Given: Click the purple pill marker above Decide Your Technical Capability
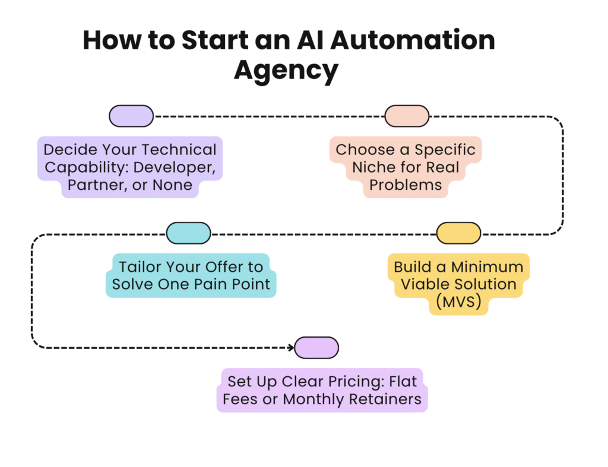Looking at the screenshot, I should point(131,116).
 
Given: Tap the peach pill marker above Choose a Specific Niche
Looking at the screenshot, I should point(407,116).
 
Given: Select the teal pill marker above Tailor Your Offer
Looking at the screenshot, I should point(188,233).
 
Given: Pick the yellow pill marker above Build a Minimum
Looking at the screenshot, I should point(458,233).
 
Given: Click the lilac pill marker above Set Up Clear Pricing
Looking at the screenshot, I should point(316,348).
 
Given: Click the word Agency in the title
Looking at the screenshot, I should point(286,70).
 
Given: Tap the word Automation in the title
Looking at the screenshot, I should point(412,40).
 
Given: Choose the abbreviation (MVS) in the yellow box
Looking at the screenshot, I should point(458,301).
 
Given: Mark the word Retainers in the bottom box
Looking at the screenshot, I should point(387,399).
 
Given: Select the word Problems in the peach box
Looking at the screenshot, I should point(406,185).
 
